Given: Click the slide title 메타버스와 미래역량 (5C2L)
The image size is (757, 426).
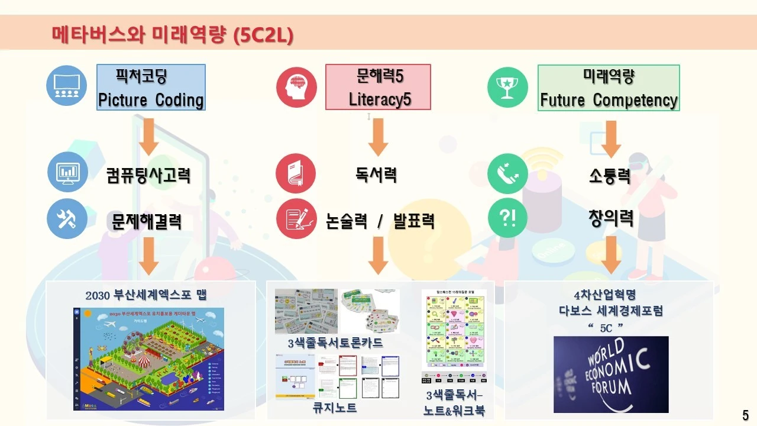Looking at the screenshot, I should point(172,35).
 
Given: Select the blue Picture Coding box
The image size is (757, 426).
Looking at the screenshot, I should point(151,88).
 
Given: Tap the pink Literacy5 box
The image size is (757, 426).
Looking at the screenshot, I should point(378,88).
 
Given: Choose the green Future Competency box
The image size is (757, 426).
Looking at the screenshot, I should point(609,88).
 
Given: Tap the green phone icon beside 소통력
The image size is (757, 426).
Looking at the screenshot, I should point(507,174).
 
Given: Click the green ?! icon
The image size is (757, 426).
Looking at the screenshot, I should point(507,218).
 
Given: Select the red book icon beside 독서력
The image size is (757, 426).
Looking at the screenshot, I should point(296,174).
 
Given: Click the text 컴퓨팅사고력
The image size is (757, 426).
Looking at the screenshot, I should point(148,176).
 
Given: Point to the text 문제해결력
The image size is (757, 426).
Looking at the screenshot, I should point(147,221).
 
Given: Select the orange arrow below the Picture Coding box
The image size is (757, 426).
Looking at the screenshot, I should point(148,136).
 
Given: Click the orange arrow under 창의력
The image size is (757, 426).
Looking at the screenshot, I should point(611,255).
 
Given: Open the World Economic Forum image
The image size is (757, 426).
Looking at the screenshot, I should point(611,374).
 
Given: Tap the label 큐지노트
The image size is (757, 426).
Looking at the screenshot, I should point(335,408).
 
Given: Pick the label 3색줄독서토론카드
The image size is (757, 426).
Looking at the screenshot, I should point(335,343).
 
